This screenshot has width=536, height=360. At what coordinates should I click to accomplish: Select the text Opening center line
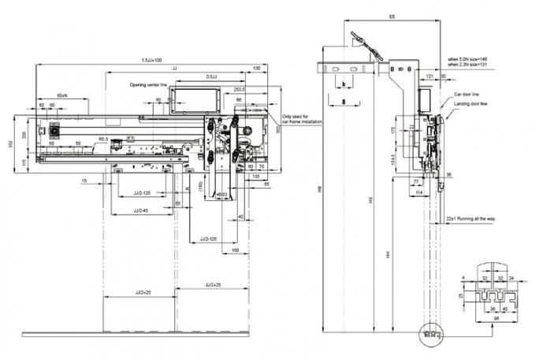(153, 84)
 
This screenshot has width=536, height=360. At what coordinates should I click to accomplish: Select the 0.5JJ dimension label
(212, 76)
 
